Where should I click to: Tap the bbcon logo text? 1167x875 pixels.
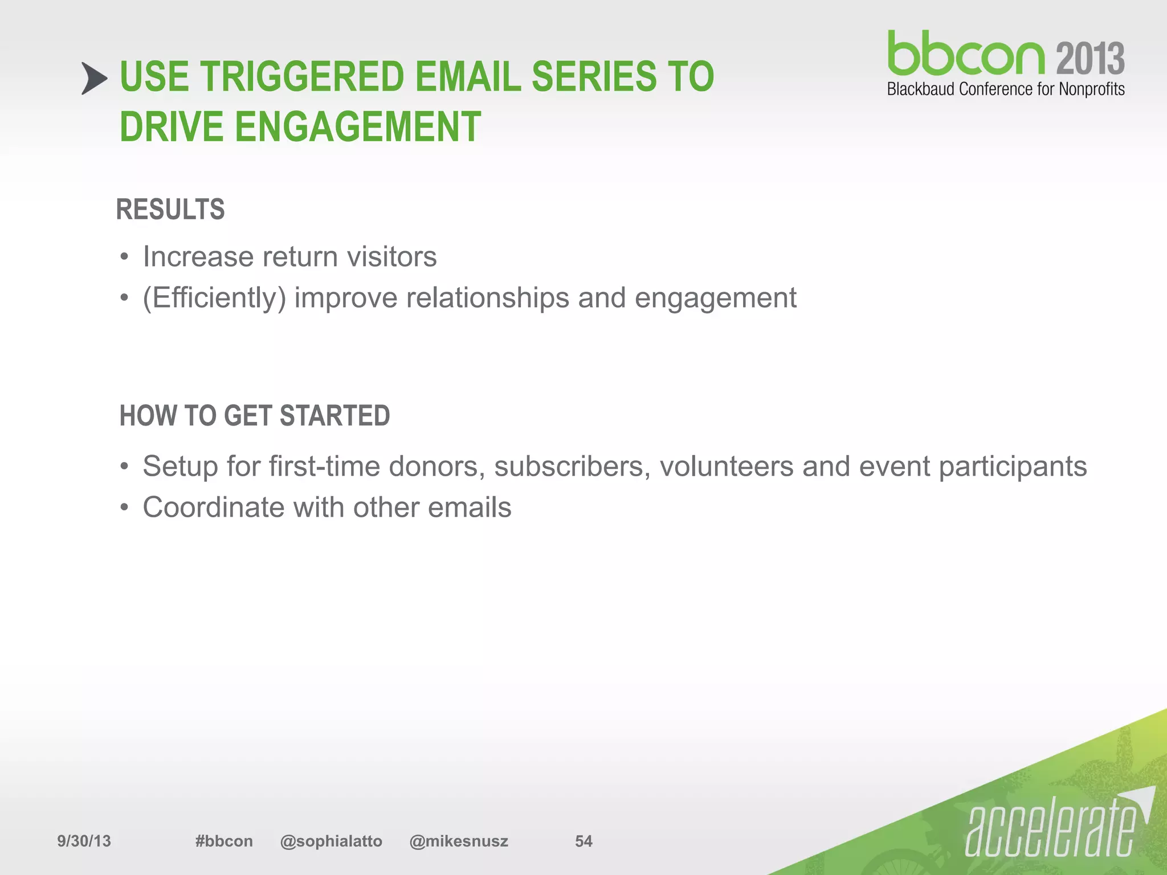pyautogui.click(x=965, y=54)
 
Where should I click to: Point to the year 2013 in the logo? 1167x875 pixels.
pyautogui.click(x=1090, y=59)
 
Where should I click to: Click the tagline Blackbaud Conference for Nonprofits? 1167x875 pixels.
pyautogui.click(x=1005, y=89)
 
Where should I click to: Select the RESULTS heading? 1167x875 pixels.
pyautogui.click(x=170, y=209)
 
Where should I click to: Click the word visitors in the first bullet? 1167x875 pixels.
pyautogui.click(x=391, y=256)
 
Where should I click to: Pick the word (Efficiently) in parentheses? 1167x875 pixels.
pyautogui.click(x=214, y=298)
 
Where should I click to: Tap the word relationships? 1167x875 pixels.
pyautogui.click(x=487, y=298)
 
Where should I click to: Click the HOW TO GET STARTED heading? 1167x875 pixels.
pyautogui.click(x=255, y=415)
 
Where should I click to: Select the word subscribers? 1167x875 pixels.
pyautogui.click(x=572, y=467)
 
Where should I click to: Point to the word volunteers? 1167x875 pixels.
pyautogui.click(x=727, y=467)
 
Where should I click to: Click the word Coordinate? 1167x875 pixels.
pyautogui.click(x=211, y=507)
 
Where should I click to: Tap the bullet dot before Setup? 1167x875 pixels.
pyautogui.click(x=124, y=467)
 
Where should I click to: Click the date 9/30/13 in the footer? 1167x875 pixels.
pyautogui.click(x=84, y=841)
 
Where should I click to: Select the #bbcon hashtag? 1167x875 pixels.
pyautogui.click(x=224, y=841)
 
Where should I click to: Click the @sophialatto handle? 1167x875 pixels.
pyautogui.click(x=331, y=841)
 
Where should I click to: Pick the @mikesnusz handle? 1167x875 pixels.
pyautogui.click(x=459, y=841)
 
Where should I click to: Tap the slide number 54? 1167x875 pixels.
pyautogui.click(x=583, y=841)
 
